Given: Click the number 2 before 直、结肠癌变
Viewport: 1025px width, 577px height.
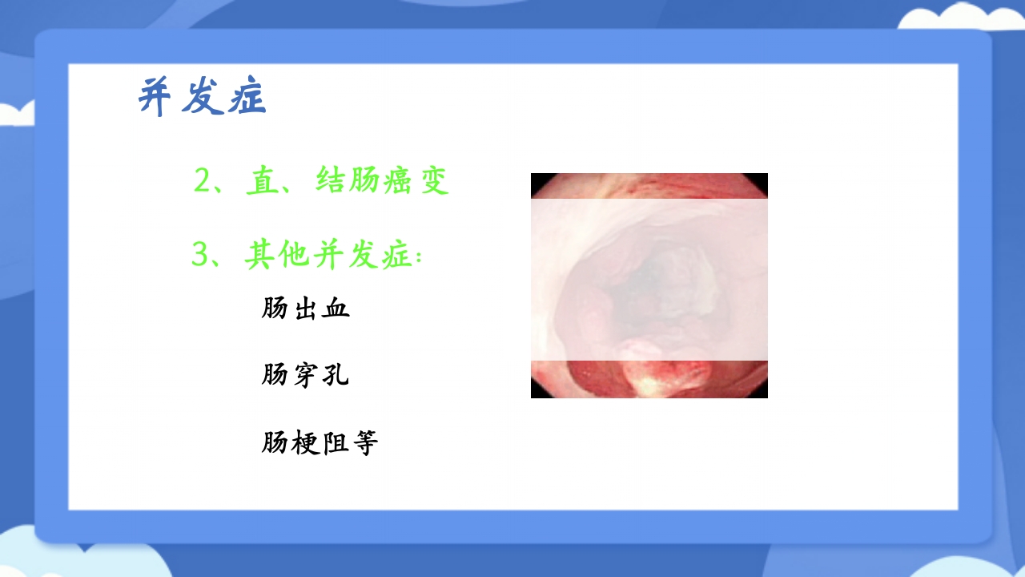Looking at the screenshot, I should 202,181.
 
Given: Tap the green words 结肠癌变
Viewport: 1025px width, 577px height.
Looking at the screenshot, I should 382,181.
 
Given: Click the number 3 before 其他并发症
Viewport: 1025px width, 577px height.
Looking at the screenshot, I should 200,256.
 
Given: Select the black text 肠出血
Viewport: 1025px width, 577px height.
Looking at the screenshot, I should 306,308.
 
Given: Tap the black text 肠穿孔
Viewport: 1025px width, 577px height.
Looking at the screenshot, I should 305,374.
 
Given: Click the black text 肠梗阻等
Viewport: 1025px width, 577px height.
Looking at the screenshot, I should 320,442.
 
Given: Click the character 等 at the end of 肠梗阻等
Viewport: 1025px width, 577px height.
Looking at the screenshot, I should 364,442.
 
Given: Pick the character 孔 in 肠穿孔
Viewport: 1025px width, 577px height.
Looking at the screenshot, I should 336,374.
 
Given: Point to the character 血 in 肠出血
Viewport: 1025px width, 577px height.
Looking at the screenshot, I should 336,308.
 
